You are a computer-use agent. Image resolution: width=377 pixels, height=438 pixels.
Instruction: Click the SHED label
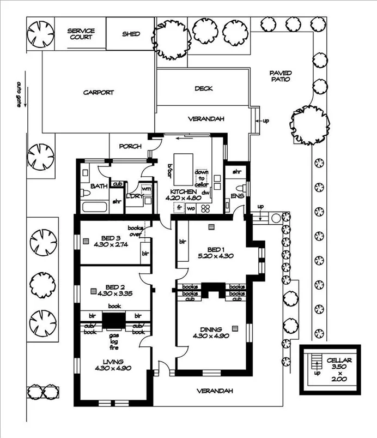[x=131, y=34]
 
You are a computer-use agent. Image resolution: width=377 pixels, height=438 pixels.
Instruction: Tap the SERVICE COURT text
[x=81, y=34]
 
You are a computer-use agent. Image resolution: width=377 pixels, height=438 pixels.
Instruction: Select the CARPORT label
[x=99, y=93]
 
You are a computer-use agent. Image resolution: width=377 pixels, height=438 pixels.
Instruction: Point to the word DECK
[x=203, y=88]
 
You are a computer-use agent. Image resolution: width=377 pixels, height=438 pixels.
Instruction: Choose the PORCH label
[x=130, y=146]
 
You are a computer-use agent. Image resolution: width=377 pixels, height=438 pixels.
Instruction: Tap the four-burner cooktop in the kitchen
[x=206, y=208]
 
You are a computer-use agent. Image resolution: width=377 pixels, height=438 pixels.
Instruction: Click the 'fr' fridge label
[x=178, y=208]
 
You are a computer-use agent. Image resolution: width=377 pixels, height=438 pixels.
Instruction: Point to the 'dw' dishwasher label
[x=206, y=192]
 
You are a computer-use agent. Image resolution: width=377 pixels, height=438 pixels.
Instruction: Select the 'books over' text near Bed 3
[x=135, y=231]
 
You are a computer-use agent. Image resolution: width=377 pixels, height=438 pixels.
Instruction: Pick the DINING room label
[x=210, y=329]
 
